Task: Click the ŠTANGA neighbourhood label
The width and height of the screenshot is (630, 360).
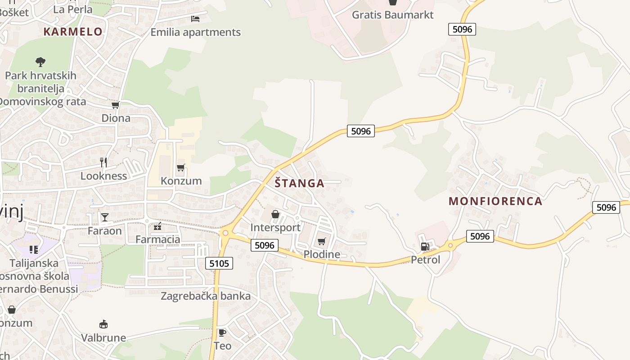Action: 299,183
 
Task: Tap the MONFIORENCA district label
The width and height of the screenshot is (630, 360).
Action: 495,201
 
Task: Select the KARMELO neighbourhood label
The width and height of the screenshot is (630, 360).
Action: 73,31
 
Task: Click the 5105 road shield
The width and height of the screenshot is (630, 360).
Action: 220,263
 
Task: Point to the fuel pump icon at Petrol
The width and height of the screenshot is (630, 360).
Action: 424,247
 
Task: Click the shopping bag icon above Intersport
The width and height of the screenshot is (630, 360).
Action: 275,214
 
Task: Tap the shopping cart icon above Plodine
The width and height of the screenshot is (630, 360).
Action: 321,242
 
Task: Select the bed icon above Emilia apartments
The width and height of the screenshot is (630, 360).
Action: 195,19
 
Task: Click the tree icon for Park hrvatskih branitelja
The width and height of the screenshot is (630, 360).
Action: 40,62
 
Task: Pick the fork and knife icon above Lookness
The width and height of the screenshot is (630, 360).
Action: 104,162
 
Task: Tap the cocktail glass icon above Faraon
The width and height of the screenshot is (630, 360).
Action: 105,217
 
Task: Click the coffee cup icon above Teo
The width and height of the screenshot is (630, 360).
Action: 222,333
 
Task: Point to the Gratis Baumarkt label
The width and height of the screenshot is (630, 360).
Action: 392,15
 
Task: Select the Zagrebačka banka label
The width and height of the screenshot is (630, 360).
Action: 206,296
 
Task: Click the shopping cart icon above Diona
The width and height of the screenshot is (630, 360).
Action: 116,105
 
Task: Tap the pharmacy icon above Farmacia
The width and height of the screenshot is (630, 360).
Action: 157,226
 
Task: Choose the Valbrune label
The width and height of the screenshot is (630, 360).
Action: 103,337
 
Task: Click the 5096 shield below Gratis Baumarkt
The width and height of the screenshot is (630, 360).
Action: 462,30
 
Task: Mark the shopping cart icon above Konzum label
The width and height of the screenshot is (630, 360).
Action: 181,168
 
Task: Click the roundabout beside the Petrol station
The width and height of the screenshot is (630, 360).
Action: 450,246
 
